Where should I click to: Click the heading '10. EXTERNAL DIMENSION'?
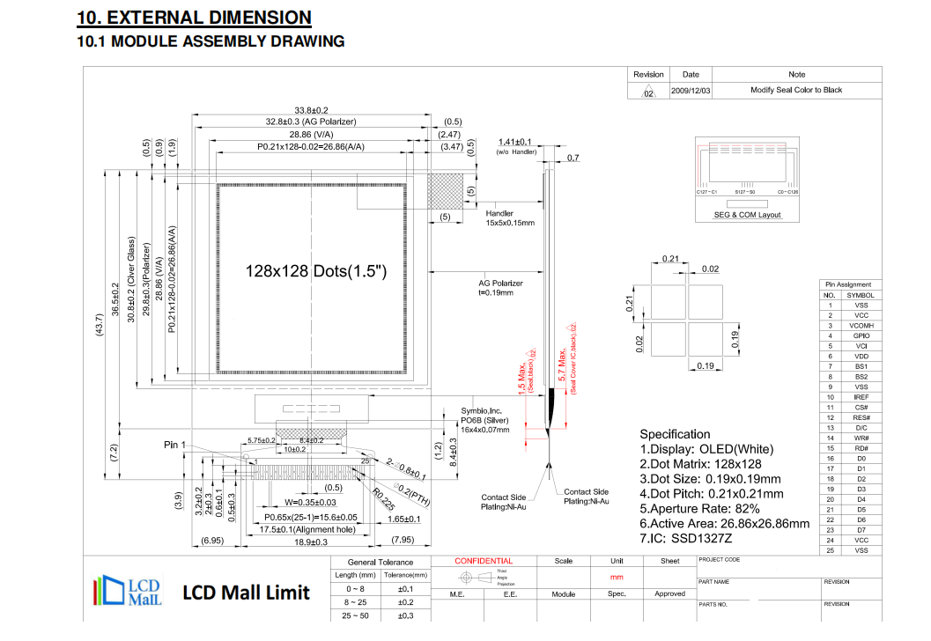(194, 18)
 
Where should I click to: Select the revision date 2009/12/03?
(691, 90)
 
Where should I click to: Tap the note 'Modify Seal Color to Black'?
(795, 90)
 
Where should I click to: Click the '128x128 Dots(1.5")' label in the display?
(316, 270)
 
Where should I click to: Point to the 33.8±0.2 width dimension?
(311, 109)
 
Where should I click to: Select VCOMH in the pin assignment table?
(861, 325)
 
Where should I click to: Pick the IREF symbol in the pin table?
(861, 397)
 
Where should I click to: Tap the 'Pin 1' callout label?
(175, 445)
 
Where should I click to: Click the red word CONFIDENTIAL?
(483, 561)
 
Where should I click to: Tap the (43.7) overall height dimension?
(100, 323)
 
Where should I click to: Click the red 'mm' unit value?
(617, 577)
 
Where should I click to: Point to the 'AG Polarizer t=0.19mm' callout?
(500, 287)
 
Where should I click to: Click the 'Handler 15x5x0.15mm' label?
(510, 218)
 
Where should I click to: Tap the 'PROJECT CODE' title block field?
(720, 560)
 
